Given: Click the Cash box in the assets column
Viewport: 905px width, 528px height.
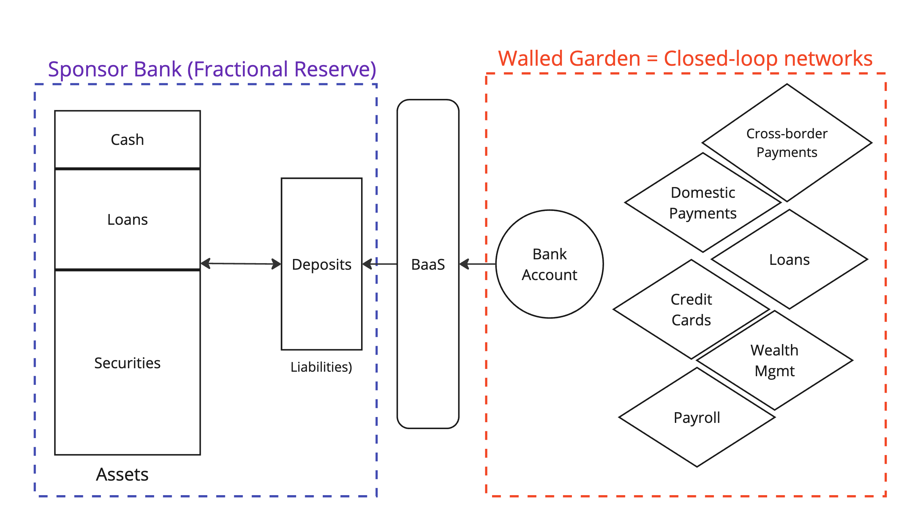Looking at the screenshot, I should click(x=128, y=139).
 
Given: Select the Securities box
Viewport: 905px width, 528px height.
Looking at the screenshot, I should click(x=128, y=363).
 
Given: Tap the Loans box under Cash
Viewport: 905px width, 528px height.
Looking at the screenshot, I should click(x=128, y=220).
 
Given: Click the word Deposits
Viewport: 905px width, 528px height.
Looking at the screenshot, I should click(x=322, y=265).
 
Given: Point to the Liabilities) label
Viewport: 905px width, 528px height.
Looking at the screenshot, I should click(x=321, y=367).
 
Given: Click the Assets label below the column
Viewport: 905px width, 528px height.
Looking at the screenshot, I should click(x=122, y=474).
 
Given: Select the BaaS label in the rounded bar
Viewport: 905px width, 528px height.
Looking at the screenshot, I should click(x=428, y=265).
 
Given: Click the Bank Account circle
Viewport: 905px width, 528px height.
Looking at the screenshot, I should click(x=550, y=264).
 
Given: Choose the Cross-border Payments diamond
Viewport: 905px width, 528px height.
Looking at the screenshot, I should click(x=787, y=143).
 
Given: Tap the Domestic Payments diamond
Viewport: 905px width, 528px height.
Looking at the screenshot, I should click(x=703, y=203).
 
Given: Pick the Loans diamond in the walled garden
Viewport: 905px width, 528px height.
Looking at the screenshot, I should click(x=789, y=260).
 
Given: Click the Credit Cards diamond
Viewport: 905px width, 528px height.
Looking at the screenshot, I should click(x=691, y=309).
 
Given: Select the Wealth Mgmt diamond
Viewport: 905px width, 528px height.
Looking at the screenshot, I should click(x=775, y=361).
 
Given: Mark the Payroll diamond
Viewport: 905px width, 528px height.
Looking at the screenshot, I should click(x=697, y=418).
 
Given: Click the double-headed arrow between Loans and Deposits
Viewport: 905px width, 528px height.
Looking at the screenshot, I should click(x=241, y=264).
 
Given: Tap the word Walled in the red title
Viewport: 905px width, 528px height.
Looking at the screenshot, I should click(x=530, y=58).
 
